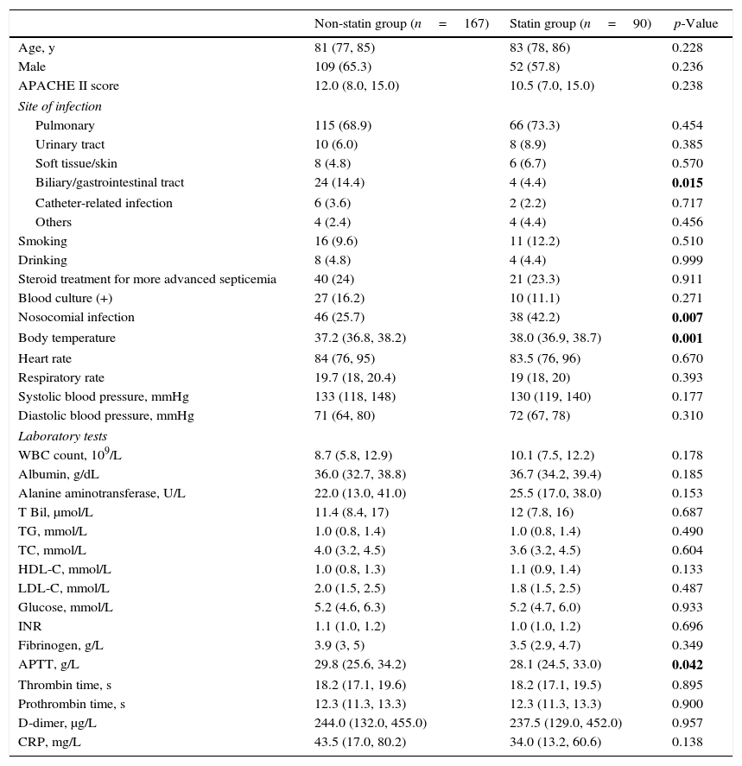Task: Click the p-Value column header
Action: pos(695,23)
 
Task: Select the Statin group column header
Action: pos(580,23)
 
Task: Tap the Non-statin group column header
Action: pos(401,23)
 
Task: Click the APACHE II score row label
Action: pos(69,86)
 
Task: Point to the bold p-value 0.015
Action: pos(688,183)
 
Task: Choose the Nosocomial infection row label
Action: pos(77,318)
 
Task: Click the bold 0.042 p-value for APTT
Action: pos(688,665)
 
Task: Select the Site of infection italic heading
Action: pos(60,107)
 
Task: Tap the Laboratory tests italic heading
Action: pos(63,436)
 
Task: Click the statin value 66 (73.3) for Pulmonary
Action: pos(535,126)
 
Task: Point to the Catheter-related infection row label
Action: pos(104,204)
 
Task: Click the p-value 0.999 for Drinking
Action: pos(688,261)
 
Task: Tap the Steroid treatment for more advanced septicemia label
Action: pos(148,280)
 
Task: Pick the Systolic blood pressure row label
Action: pos(104,397)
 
